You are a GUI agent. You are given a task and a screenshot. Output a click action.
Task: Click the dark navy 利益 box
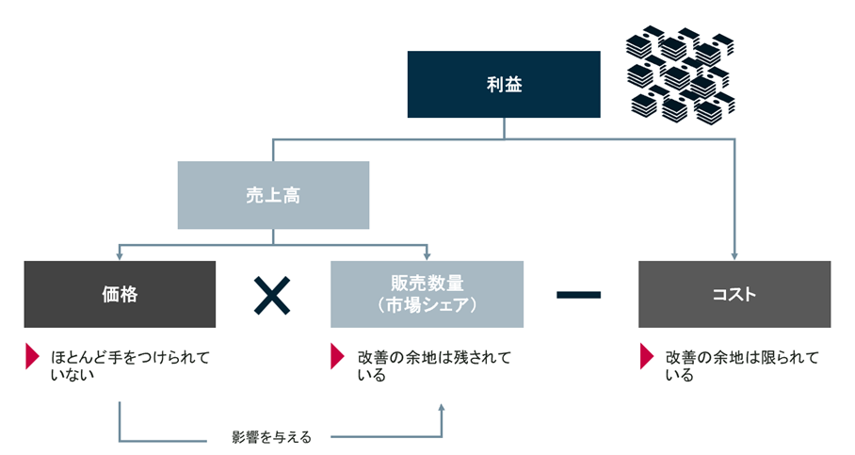tap(503, 84)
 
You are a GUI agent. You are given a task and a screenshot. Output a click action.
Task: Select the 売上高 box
tap(273, 195)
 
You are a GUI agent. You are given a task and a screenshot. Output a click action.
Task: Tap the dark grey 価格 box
tap(120, 295)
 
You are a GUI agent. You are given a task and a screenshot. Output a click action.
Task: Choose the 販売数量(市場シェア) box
tap(427, 295)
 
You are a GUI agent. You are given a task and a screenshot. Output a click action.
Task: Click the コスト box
tap(734, 295)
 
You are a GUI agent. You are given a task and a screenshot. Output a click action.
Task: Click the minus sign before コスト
tap(578, 295)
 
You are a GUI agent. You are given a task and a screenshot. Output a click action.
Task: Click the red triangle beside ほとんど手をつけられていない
tap(32, 357)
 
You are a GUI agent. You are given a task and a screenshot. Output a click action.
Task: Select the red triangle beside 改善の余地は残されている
tap(336, 357)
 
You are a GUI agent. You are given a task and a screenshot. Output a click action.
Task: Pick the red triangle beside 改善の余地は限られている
tap(646, 357)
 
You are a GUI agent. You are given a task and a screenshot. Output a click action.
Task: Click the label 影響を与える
tap(271, 437)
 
